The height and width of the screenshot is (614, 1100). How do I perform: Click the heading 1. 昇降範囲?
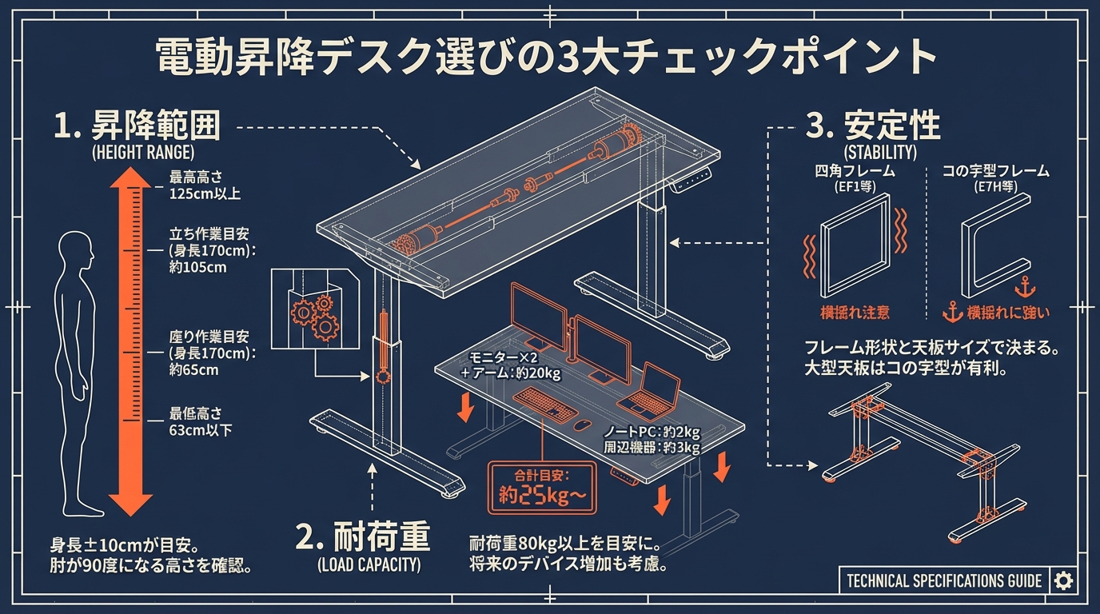pos(137,126)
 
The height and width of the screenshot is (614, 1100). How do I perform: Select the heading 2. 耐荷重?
pos(363,537)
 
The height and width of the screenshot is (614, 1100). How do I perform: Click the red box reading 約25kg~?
pos(541,488)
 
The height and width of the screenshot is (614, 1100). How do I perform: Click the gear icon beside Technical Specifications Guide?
pos(1063,580)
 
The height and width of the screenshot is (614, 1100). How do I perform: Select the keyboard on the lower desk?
pos(544,404)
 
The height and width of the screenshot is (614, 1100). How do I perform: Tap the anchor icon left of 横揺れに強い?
pos(951,312)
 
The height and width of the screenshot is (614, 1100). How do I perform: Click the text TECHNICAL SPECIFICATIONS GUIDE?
pos(943,580)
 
